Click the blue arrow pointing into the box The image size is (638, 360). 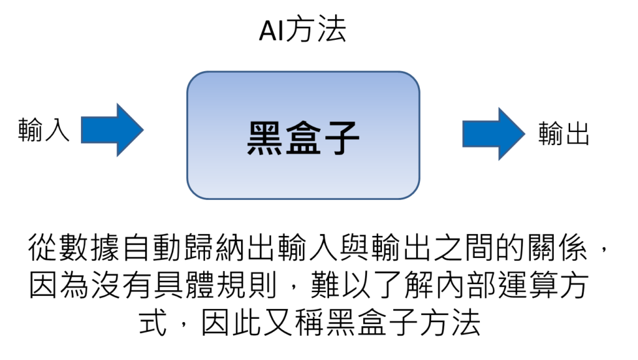pos(112,130)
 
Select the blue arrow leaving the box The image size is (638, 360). pos(494,134)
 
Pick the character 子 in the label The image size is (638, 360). pos(341,138)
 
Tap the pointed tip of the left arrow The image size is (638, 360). pos(143,130)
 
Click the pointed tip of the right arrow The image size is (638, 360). pos(525,134)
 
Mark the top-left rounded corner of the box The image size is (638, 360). pos(194,78)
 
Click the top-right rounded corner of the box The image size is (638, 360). pos(413,78)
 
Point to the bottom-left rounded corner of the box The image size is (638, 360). pos(194,192)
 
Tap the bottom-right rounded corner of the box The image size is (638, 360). pos(413,192)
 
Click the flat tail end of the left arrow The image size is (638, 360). pos(82,130)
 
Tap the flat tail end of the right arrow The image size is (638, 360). pos(464,134)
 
